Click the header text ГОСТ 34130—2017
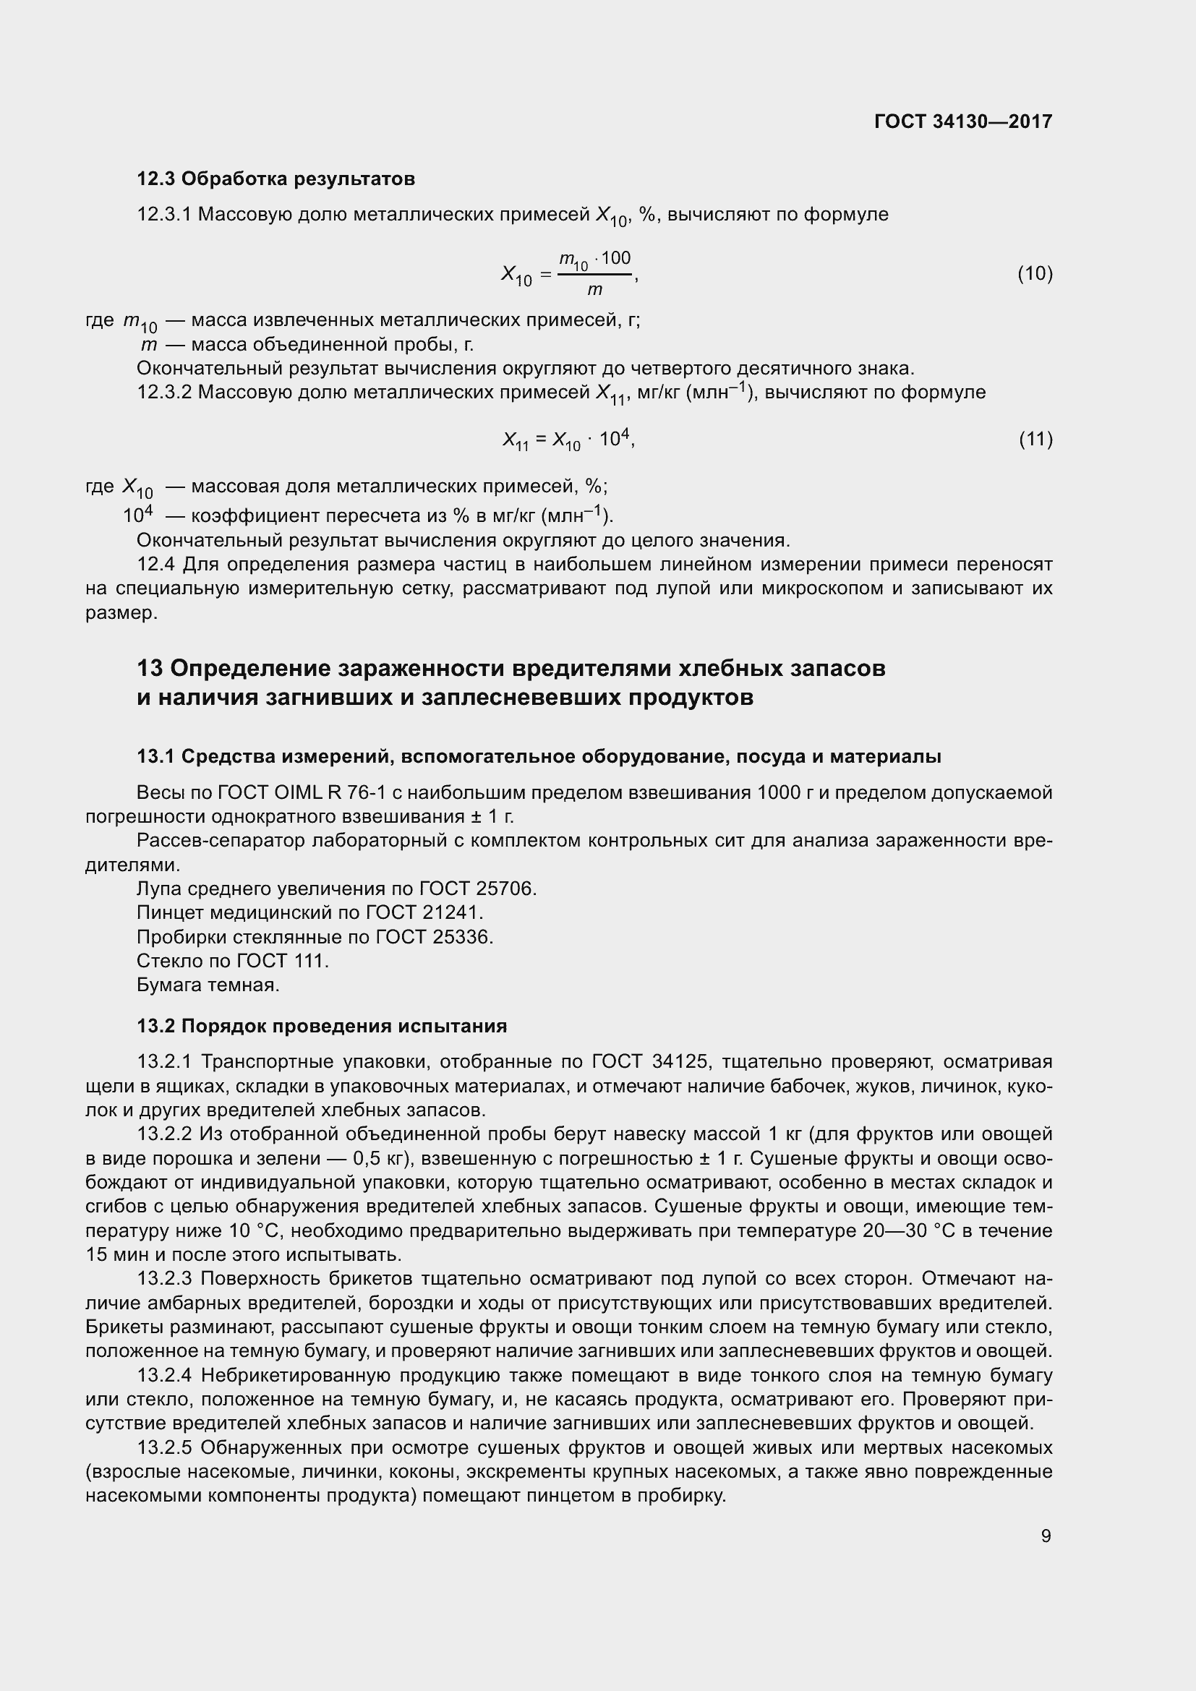(x=962, y=121)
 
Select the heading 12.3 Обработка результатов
(x=276, y=179)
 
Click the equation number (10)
(x=1035, y=274)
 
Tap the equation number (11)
(x=1035, y=440)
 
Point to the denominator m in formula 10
(x=594, y=290)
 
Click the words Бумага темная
(x=208, y=985)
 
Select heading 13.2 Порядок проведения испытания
(x=322, y=1026)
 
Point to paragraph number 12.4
(x=156, y=565)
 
